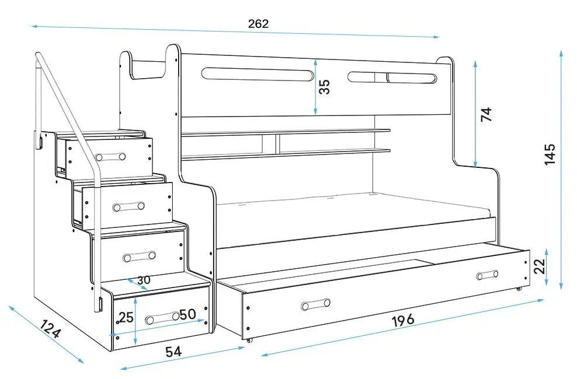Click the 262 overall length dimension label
[x=258, y=24]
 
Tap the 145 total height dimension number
[x=550, y=154]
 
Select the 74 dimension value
[x=486, y=114]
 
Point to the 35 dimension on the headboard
[x=325, y=86]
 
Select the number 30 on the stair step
[x=144, y=280]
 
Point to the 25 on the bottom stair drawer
[x=126, y=318]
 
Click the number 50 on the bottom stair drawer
[x=187, y=314]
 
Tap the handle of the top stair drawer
[x=111, y=156]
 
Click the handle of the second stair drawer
[x=129, y=207]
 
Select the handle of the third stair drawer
[x=139, y=255]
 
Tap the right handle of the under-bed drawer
[x=486, y=275]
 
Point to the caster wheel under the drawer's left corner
[x=249, y=340]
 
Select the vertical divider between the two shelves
[x=276, y=144]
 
